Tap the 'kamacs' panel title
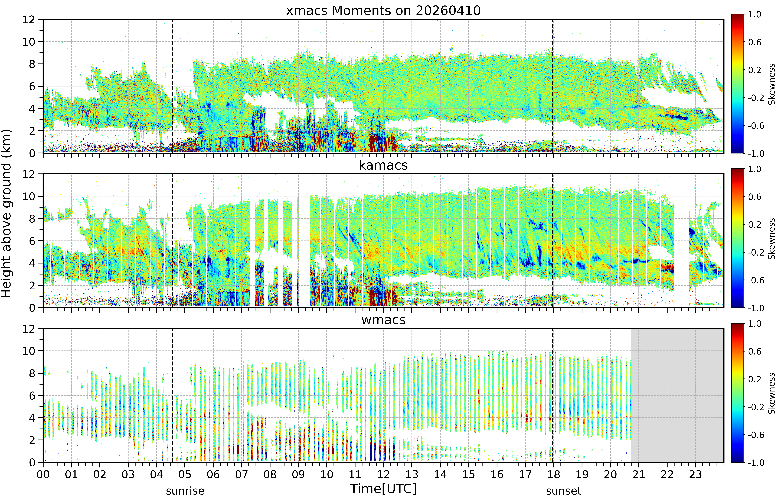pyautogui.click(x=383, y=165)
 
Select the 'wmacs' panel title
pyautogui.click(x=383, y=320)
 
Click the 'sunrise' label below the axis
pyautogui.click(x=185, y=491)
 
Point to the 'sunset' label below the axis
pyautogui.click(x=564, y=491)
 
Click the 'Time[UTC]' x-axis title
pyautogui.click(x=383, y=489)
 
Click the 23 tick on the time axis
pyautogui.click(x=695, y=474)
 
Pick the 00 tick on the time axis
pyautogui.click(x=43, y=474)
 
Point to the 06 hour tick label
pyautogui.click(x=213, y=474)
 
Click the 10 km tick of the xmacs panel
pyautogui.click(x=29, y=42)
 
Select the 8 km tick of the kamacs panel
pyautogui.click(x=32, y=219)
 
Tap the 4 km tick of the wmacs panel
pyautogui.click(x=32, y=418)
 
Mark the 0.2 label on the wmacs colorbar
pyautogui.click(x=755, y=379)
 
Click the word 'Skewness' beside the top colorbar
pyautogui.click(x=772, y=84)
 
